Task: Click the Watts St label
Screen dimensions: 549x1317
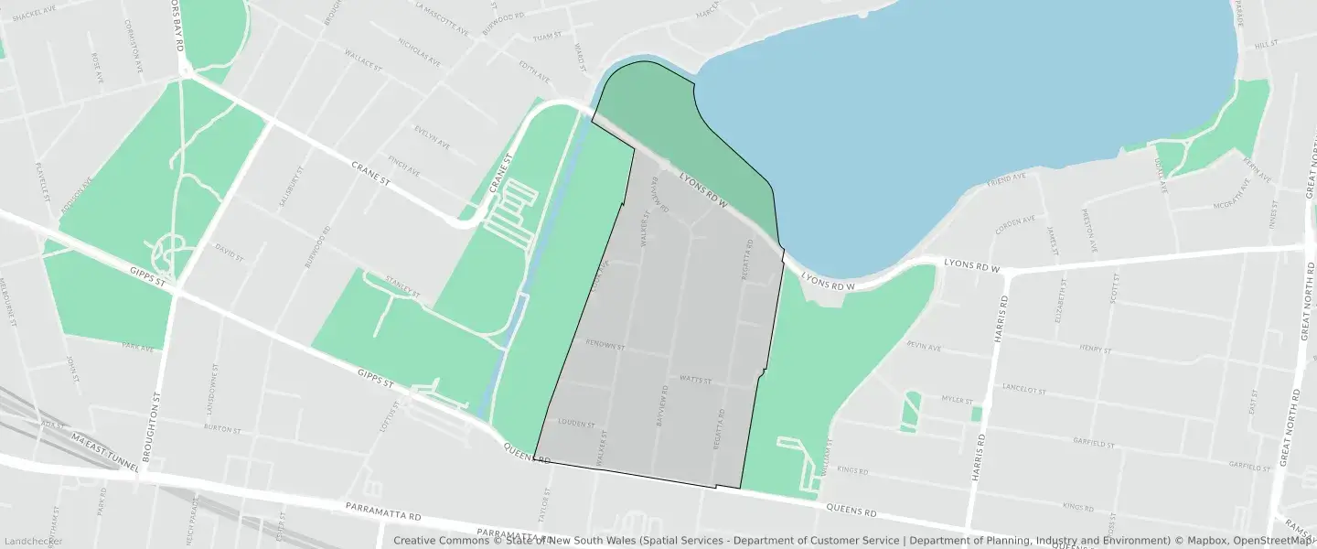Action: coord(695,379)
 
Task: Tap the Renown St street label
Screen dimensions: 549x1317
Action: coord(605,347)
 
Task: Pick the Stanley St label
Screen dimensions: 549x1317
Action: coord(402,289)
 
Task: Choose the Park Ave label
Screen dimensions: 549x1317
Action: coord(138,346)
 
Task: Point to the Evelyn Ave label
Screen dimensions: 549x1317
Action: coord(432,137)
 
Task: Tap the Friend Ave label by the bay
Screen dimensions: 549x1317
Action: coord(1006,180)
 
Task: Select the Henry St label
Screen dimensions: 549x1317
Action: coord(1094,350)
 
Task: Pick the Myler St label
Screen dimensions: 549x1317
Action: coord(957,399)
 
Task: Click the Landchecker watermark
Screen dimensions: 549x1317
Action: coord(32,542)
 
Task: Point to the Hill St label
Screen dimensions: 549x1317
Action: coord(1266,44)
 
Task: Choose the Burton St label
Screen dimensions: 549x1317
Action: coord(222,428)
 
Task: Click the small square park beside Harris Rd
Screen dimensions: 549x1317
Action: coord(976,414)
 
